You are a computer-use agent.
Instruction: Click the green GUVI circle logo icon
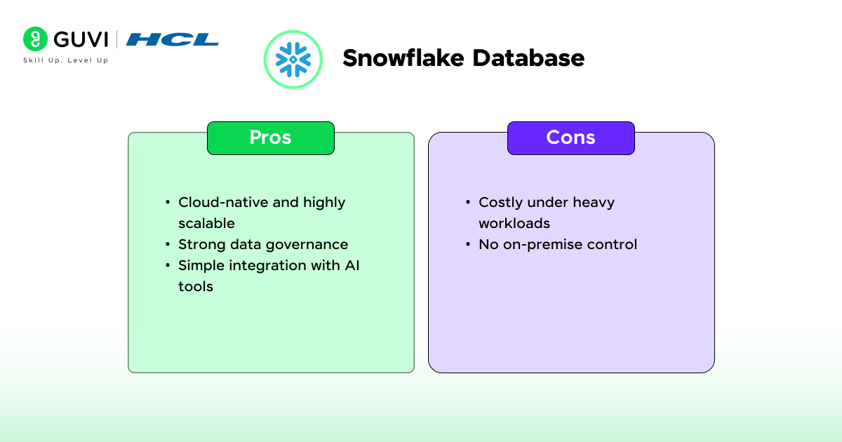pyautogui.click(x=35, y=39)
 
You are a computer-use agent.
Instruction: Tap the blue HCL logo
pyautogui.click(x=172, y=39)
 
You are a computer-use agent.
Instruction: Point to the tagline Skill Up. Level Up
pyautogui.click(x=66, y=60)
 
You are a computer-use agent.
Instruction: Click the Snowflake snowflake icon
pyautogui.click(x=293, y=60)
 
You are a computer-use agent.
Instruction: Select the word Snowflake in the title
pyautogui.click(x=403, y=58)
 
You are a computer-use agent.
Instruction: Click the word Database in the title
pyautogui.click(x=528, y=58)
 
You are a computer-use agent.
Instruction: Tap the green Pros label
pyautogui.click(x=271, y=138)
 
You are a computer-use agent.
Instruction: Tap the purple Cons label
pyautogui.click(x=571, y=138)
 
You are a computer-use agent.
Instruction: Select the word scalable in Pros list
pyautogui.click(x=206, y=223)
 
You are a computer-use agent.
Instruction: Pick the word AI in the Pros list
pyautogui.click(x=352, y=265)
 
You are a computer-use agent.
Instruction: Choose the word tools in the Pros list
pyautogui.click(x=196, y=286)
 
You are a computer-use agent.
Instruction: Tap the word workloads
pyautogui.click(x=514, y=223)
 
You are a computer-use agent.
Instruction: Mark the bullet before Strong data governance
pyautogui.click(x=168, y=245)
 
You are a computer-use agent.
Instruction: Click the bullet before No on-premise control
pyautogui.click(x=468, y=245)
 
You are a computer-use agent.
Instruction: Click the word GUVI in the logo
pyautogui.click(x=81, y=39)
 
